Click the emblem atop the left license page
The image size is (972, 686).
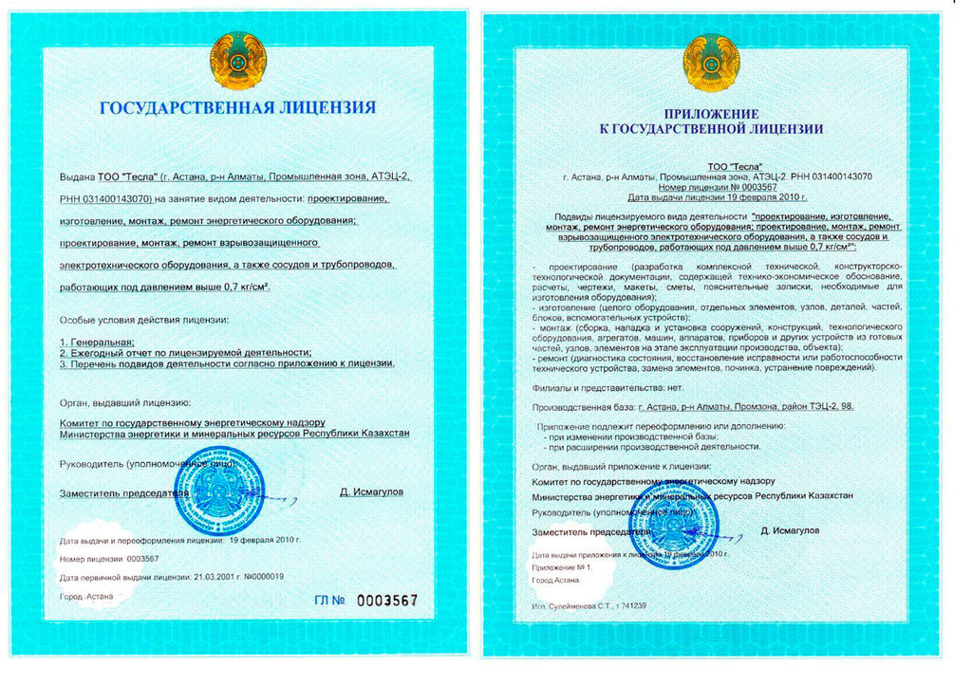point(238,61)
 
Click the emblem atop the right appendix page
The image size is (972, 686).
point(711,62)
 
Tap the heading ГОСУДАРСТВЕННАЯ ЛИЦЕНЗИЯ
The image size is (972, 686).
point(238,107)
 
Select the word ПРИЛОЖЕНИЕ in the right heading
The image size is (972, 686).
point(711,113)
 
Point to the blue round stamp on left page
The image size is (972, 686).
point(219,491)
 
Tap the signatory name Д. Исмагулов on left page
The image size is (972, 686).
point(371,491)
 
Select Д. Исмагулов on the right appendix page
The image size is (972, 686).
point(790,529)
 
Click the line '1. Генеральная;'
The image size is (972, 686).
point(97,341)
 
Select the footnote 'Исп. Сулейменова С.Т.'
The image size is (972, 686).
point(589,605)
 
